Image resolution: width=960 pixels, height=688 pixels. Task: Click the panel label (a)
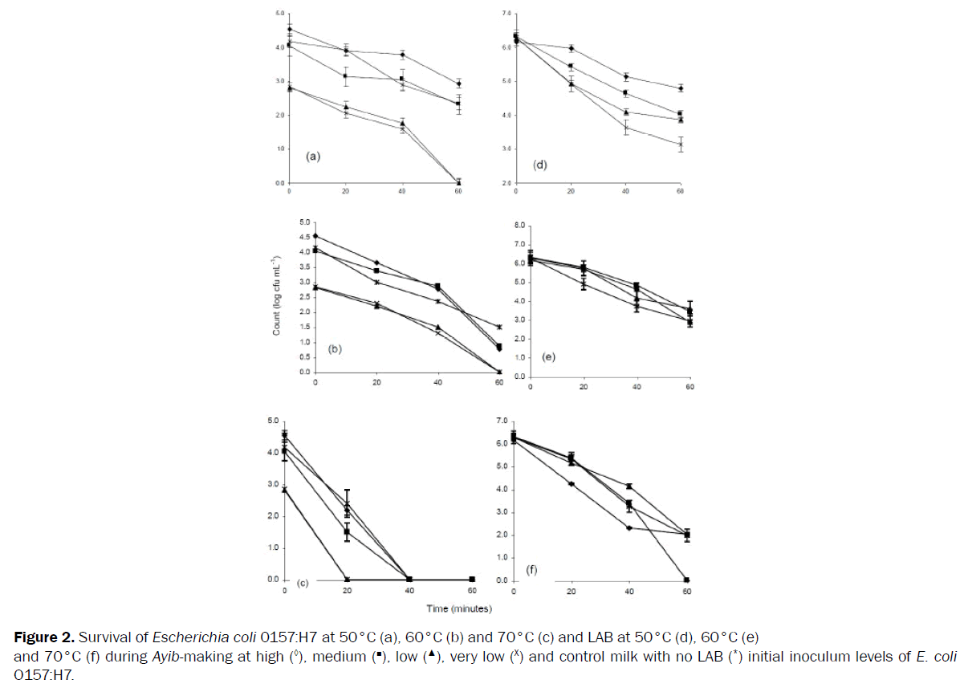tap(313, 157)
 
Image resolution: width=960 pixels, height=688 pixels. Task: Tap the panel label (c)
tap(304, 582)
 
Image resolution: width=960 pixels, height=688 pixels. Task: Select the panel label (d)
tap(541, 164)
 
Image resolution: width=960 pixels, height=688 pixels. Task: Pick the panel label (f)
tap(531, 570)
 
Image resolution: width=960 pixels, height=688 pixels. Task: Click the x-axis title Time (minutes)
tap(459, 608)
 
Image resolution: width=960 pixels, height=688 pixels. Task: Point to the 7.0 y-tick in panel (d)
tap(506, 14)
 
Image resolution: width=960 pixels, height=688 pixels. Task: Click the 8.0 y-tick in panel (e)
tap(519, 225)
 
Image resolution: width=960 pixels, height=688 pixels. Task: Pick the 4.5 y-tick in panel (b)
tap(303, 237)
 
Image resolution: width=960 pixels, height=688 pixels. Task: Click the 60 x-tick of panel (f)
tap(686, 592)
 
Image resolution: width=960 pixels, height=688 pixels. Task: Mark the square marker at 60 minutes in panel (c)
tap(472, 579)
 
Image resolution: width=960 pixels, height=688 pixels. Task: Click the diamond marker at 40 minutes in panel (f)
tap(629, 527)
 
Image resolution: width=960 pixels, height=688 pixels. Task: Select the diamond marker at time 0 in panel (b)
tap(315, 236)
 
